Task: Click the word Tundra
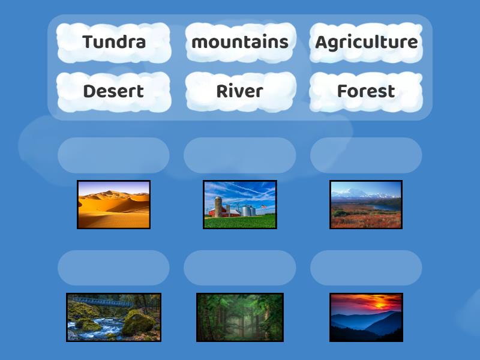click(114, 42)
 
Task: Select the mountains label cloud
click(240, 42)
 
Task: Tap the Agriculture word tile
click(366, 42)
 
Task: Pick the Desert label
click(113, 91)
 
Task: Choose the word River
click(240, 91)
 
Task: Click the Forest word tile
click(366, 91)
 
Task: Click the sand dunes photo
click(113, 205)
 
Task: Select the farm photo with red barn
click(240, 205)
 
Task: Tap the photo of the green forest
click(240, 317)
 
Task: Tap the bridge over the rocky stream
click(96, 301)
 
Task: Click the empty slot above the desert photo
click(113, 155)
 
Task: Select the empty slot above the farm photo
click(240, 155)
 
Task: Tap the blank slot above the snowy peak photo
click(366, 155)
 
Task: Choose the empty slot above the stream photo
click(113, 268)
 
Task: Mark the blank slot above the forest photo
click(240, 268)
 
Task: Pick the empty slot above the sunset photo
click(366, 268)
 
